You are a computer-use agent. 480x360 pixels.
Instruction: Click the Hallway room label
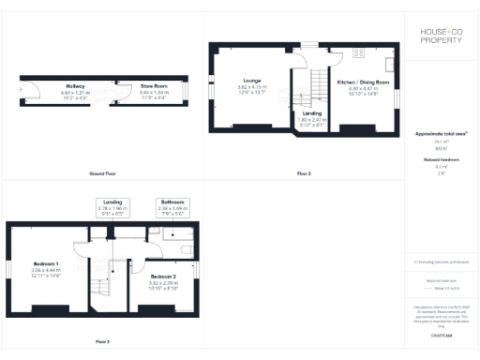(x=75, y=85)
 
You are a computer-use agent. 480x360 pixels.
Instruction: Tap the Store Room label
(x=154, y=85)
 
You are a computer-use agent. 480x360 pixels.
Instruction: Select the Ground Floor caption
(x=102, y=174)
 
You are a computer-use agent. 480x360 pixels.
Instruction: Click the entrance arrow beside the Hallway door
(x=20, y=90)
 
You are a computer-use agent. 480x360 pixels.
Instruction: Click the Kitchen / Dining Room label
(x=362, y=82)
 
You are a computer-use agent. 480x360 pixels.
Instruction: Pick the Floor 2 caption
(x=304, y=174)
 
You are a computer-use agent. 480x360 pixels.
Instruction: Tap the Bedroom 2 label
(x=162, y=277)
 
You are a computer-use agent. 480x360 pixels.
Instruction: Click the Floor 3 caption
(x=102, y=341)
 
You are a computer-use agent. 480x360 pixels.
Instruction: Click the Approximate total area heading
(x=440, y=134)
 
